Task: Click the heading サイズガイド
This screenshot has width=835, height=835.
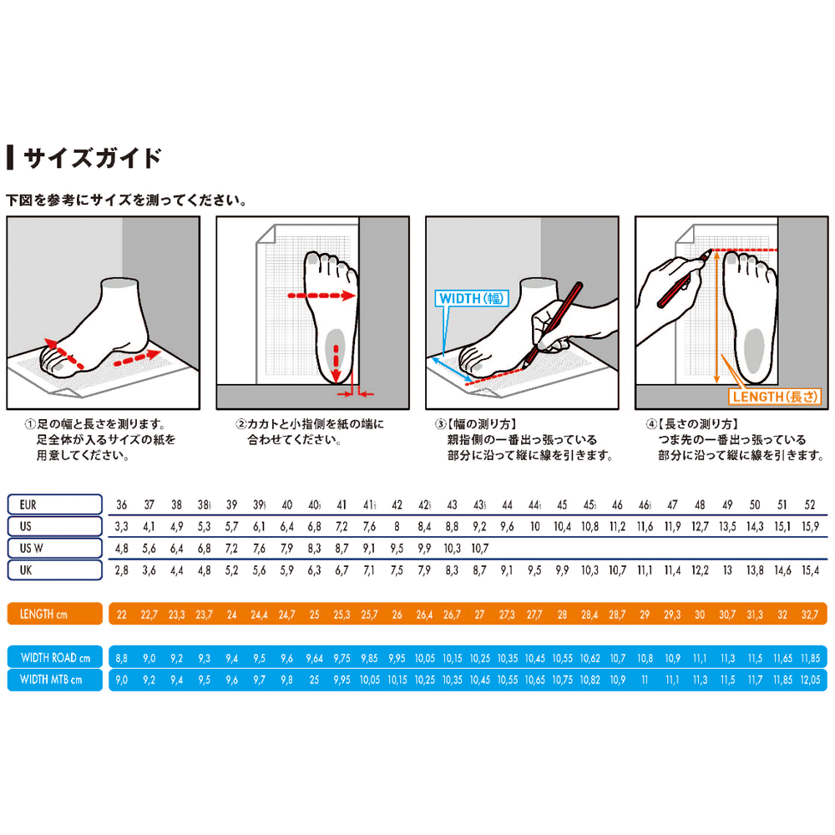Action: point(92,158)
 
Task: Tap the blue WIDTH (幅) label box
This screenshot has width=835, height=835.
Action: point(471,298)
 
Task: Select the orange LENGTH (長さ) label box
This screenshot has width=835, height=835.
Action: point(775,397)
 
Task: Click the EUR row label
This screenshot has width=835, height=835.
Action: point(55,504)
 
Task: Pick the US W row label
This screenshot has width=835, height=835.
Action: point(55,548)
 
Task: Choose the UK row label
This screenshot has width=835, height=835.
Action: point(55,569)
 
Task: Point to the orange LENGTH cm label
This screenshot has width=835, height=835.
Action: point(55,614)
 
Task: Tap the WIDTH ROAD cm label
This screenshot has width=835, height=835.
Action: point(55,658)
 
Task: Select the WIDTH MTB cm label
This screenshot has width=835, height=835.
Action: point(55,680)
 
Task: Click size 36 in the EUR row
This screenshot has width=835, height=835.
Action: point(121,505)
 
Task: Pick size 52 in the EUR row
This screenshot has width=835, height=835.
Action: point(810,505)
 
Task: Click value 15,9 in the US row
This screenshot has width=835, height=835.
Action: point(810,527)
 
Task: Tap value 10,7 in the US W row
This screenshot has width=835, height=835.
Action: point(479,549)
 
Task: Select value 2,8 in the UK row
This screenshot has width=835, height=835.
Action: point(121,570)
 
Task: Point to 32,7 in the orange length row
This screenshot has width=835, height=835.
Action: point(810,615)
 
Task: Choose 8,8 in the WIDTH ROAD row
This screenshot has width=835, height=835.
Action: point(121,658)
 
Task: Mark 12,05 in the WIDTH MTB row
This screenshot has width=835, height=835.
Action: point(810,680)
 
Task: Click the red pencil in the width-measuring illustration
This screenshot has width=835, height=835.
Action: point(552,325)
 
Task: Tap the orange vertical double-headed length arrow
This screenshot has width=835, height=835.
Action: point(716,317)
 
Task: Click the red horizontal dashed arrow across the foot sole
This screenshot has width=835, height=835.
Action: point(321,296)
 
